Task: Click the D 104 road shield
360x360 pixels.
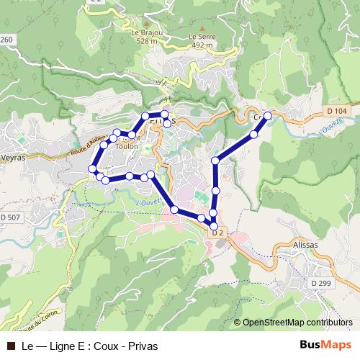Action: pos(336,111)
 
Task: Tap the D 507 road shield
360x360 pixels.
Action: pos(10,217)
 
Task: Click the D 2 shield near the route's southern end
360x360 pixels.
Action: pos(218,232)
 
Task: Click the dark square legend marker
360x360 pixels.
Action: pos(10,346)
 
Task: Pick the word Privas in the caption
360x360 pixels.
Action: pos(143,346)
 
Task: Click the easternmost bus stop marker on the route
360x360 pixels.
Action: pos(268,115)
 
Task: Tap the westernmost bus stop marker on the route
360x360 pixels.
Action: pos(92,168)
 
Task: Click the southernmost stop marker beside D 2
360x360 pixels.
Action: pos(214,225)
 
